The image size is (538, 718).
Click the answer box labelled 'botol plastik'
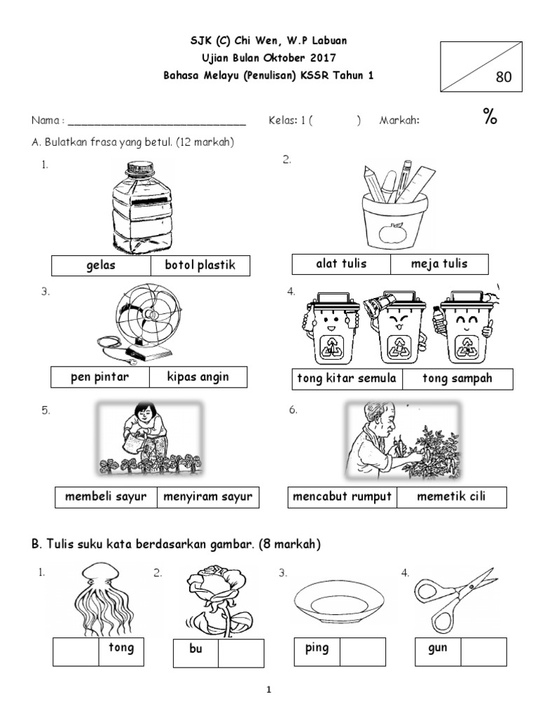pos(200,266)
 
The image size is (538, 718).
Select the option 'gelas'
pos(101,266)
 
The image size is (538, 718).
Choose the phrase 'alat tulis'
pos(341,264)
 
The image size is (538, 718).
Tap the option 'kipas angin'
pos(198,377)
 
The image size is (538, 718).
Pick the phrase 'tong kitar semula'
pos(347,379)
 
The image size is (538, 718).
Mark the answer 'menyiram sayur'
pos(207,498)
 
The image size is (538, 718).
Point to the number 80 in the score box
pos(503,77)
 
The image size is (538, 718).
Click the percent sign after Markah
pos(489,118)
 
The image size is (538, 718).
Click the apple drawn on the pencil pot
pos(394,235)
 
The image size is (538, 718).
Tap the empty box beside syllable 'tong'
pos(76,652)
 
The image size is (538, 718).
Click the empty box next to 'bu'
pos(241,653)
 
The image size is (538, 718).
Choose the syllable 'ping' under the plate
pos(317,649)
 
